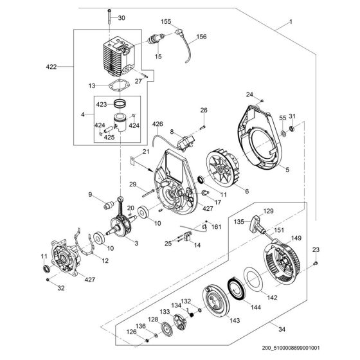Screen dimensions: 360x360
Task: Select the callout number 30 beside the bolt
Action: pos(122,17)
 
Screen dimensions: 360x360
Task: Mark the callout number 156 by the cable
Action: pos(201,37)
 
